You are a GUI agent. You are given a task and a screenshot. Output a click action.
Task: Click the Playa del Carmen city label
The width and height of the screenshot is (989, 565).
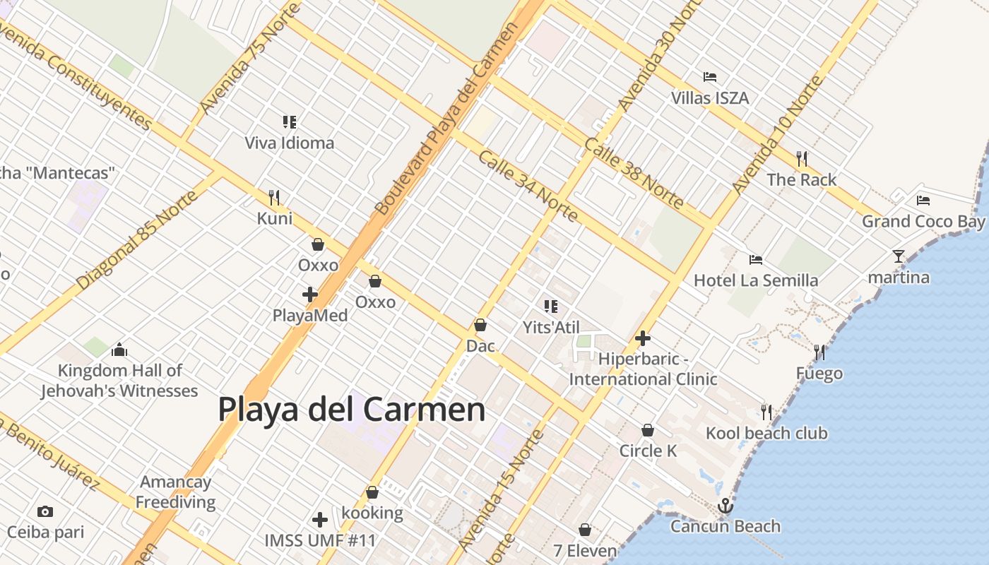[x=351, y=410]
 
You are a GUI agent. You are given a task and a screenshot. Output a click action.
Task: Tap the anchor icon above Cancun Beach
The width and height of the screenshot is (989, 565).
[x=725, y=506]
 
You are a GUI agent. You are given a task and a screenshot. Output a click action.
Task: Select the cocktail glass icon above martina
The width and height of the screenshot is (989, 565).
[x=899, y=256]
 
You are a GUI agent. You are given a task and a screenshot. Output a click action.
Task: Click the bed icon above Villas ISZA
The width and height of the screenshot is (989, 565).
[x=710, y=77]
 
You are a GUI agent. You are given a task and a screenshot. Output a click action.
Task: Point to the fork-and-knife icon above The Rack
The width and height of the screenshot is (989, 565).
[x=802, y=159]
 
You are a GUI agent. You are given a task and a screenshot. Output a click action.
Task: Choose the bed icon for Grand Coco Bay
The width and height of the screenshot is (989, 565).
[x=923, y=201]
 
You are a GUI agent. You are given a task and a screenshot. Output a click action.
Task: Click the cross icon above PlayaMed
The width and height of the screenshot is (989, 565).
[x=310, y=295]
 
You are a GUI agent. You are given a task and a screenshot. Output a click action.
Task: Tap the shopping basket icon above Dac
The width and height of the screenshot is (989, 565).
[x=480, y=325]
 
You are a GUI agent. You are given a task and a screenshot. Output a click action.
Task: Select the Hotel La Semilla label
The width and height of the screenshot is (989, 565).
[x=756, y=280]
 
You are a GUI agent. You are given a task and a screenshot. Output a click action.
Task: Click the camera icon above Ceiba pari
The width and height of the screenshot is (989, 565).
[x=45, y=511]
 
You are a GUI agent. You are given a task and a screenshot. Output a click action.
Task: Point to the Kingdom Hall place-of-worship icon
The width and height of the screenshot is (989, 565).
[x=119, y=350]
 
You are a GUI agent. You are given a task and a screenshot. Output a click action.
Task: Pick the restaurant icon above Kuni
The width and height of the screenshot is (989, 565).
[x=275, y=197]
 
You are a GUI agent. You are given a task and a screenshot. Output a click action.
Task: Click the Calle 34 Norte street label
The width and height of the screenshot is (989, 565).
[x=527, y=185]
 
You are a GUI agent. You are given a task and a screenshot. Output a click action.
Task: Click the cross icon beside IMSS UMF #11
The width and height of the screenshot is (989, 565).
[x=320, y=521]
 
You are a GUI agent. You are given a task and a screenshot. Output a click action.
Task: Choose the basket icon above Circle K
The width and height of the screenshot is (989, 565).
[x=648, y=430]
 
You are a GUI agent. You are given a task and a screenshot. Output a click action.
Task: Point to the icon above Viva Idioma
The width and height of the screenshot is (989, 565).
[x=290, y=122]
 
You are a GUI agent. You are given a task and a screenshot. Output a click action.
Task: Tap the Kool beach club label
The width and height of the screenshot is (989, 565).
[x=766, y=433]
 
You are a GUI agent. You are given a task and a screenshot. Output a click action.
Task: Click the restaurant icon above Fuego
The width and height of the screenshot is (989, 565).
[x=819, y=352]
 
